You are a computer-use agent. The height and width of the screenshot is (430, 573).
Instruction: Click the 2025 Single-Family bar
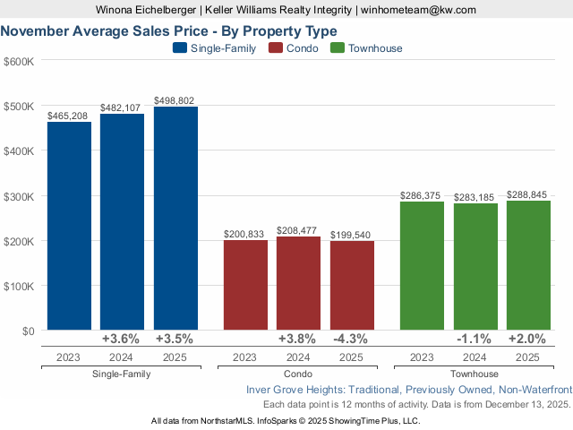pyautogui.click(x=175, y=219)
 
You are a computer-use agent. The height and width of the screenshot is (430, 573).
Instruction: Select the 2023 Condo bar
pyautogui.click(x=245, y=285)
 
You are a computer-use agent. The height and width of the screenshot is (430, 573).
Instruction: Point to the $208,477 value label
pyautogui.click(x=298, y=230)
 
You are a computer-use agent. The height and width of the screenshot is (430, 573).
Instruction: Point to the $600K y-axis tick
pyautogui.click(x=19, y=62)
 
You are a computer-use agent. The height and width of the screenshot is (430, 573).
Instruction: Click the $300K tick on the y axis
pyautogui.click(x=19, y=196)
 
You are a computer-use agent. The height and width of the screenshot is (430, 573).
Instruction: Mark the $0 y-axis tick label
pyautogui.click(x=26, y=331)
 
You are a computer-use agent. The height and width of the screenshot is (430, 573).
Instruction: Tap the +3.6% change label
pyautogui.click(x=122, y=340)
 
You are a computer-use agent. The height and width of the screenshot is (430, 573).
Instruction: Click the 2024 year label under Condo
pyautogui.click(x=298, y=357)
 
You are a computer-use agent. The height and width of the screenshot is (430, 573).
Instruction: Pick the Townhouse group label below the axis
pyautogui.click(x=475, y=374)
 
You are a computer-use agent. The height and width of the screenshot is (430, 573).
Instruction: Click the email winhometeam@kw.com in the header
pyautogui.click(x=418, y=10)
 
